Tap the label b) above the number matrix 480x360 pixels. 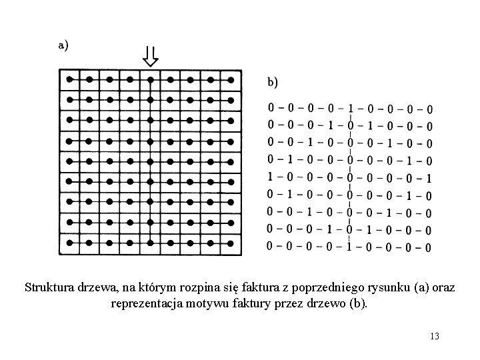(x=274, y=82)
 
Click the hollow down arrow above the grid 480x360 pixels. (x=151, y=57)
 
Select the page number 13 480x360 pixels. (x=435, y=335)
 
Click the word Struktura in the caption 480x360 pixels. (x=47, y=289)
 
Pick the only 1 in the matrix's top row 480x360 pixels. (x=350, y=108)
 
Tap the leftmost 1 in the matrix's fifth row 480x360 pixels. (x=270, y=178)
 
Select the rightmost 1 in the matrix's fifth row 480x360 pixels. (x=429, y=178)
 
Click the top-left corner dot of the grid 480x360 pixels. (x=69, y=79)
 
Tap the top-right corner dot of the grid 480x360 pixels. (x=231, y=79)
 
